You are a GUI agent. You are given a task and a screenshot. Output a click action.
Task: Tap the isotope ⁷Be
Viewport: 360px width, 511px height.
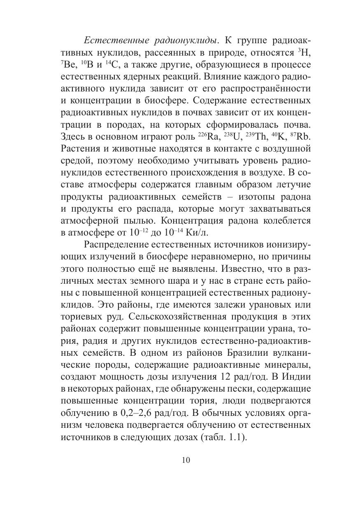(x=68, y=65)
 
